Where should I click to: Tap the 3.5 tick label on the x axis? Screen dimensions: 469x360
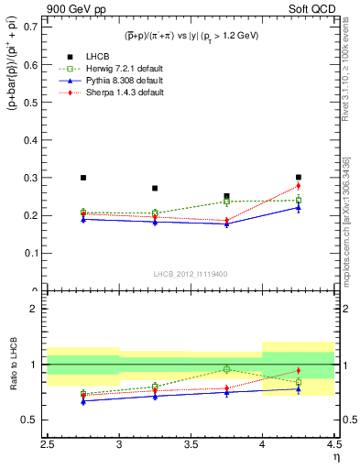pyautogui.click(x=191, y=444)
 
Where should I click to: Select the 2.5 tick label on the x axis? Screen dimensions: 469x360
pyautogui.click(x=48, y=444)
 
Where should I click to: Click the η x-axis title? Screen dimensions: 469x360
pyautogui.click(x=336, y=456)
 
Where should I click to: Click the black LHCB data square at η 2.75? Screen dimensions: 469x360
pyautogui.click(x=83, y=178)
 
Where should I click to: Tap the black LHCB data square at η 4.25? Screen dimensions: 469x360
pyautogui.click(x=299, y=177)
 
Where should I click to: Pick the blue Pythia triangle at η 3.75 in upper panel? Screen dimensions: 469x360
pyautogui.click(x=226, y=224)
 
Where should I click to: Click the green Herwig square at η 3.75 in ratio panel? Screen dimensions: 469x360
pyautogui.click(x=226, y=369)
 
